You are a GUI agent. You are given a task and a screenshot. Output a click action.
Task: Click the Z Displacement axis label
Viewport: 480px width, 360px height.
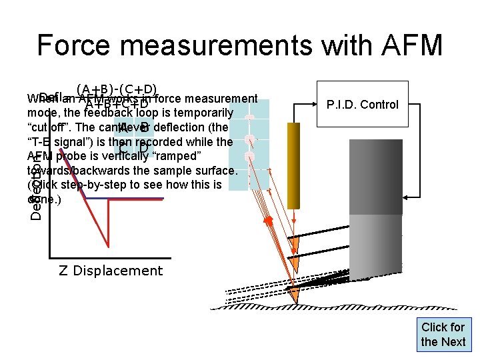[111, 271]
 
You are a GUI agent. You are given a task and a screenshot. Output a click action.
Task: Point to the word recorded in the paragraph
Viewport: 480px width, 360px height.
[161, 141]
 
